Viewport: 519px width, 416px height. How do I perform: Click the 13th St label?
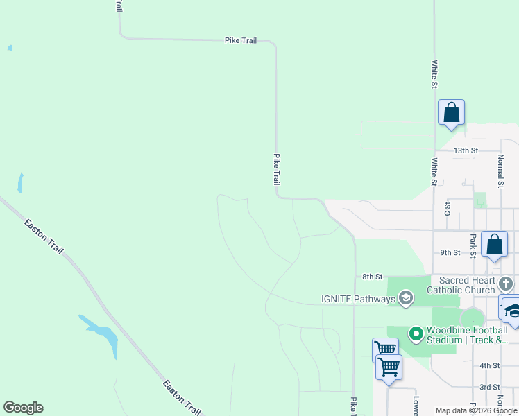(466, 150)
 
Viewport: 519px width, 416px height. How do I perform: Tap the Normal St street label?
(500, 171)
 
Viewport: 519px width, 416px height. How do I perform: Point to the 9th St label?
(450, 253)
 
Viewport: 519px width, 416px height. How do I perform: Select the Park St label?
(473, 245)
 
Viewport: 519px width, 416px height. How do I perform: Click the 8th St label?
(373, 277)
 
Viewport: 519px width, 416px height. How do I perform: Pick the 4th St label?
(490, 365)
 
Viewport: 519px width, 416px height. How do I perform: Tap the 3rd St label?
(490, 387)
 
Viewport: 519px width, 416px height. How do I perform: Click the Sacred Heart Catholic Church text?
(461, 284)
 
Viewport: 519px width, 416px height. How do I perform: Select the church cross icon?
(506, 283)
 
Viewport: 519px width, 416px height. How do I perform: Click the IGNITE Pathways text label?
(357, 300)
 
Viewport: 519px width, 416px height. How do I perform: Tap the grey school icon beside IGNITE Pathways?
(406, 299)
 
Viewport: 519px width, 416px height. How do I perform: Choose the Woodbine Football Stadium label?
(469, 334)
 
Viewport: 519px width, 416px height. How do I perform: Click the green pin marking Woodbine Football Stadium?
(416, 334)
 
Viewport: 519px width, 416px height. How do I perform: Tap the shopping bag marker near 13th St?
(451, 112)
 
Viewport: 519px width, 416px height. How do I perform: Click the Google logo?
(23, 408)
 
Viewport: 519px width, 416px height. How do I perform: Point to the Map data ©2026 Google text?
(477, 411)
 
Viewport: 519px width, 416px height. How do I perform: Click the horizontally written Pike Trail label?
(241, 40)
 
